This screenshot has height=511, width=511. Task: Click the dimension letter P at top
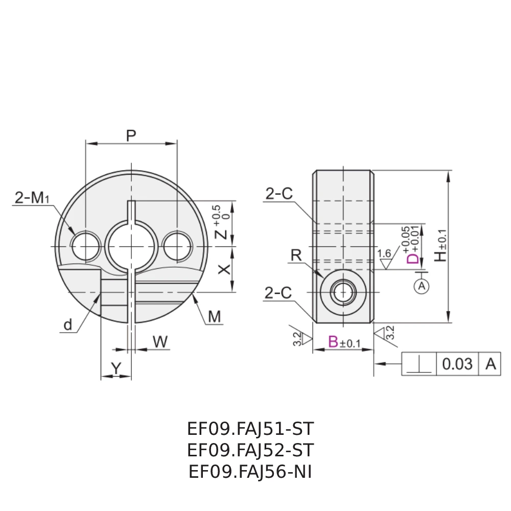(131, 135)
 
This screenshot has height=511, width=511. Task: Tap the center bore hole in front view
(131, 246)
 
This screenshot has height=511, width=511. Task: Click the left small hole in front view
(85, 246)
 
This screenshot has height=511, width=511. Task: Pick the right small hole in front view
(177, 246)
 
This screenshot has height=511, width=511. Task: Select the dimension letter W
(160, 342)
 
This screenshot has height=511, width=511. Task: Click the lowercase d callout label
(67, 325)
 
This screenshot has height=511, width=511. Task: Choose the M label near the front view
(215, 317)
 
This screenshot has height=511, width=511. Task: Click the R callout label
(296, 255)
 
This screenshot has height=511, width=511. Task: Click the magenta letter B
(333, 342)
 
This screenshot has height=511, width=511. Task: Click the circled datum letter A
(422, 286)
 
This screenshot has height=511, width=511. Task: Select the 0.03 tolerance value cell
(457, 364)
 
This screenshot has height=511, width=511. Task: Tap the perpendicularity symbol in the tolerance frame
(419, 364)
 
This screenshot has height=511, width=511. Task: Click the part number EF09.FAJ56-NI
(250, 472)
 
